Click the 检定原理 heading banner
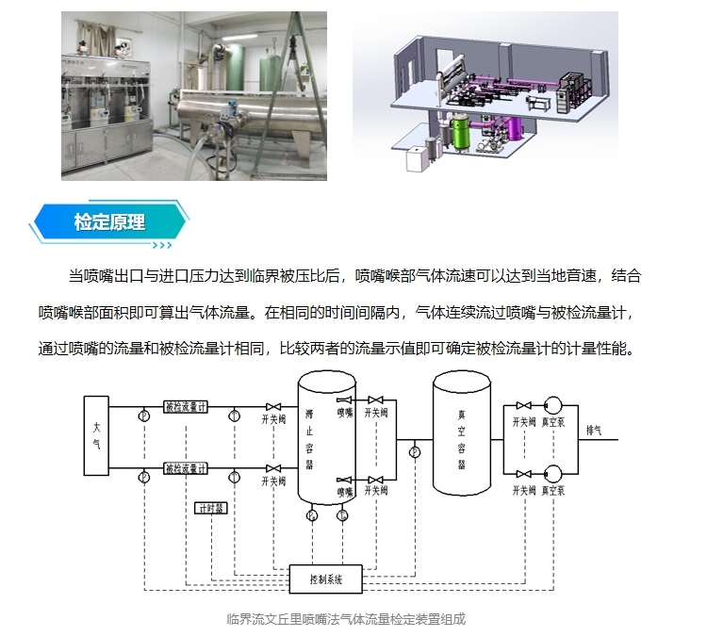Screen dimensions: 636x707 click(x=108, y=223)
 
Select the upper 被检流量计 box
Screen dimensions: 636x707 click(x=186, y=408)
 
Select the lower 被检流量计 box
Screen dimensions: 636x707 click(x=186, y=468)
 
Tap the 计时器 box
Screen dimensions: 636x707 click(x=210, y=508)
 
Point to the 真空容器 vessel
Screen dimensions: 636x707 click(x=461, y=438)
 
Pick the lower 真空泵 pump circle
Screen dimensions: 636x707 click(x=552, y=471)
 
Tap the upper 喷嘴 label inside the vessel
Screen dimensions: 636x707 click(x=345, y=413)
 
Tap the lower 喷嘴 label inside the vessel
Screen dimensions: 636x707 click(x=345, y=491)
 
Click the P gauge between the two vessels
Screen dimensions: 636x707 click(x=414, y=452)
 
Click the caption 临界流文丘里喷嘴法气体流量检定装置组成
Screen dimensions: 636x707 click(x=346, y=619)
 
